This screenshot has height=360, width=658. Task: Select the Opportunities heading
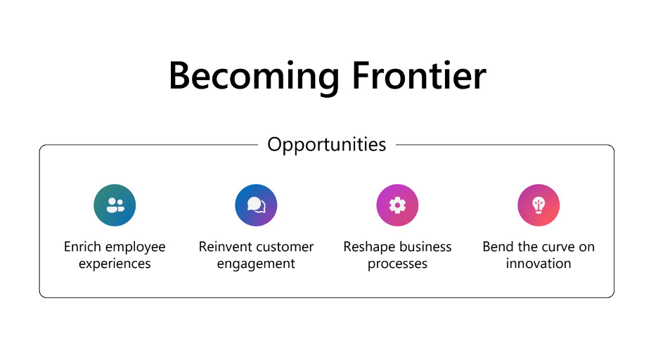pyautogui.click(x=327, y=145)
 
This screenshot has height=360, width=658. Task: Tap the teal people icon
pyautogui.click(x=115, y=205)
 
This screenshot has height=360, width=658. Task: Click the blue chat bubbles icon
pyautogui.click(x=256, y=205)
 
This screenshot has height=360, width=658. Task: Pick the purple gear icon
pyautogui.click(x=397, y=205)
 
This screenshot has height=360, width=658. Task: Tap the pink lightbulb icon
pyautogui.click(x=538, y=205)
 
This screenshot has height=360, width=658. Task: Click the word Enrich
pyautogui.click(x=82, y=247)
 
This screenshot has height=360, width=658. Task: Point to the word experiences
pyautogui.click(x=115, y=264)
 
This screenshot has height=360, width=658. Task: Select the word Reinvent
pyautogui.click(x=225, y=247)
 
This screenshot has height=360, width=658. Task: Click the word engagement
pyautogui.click(x=256, y=264)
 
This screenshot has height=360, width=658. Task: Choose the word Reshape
pyautogui.click(x=368, y=247)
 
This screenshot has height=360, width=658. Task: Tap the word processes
pyautogui.click(x=397, y=264)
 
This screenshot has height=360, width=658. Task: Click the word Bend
pyautogui.click(x=498, y=247)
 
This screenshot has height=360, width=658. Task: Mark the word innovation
pyautogui.click(x=538, y=264)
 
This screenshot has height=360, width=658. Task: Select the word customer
pyautogui.click(x=285, y=247)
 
